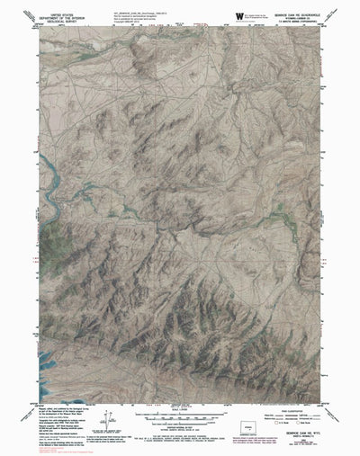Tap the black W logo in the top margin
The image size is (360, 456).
238,14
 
